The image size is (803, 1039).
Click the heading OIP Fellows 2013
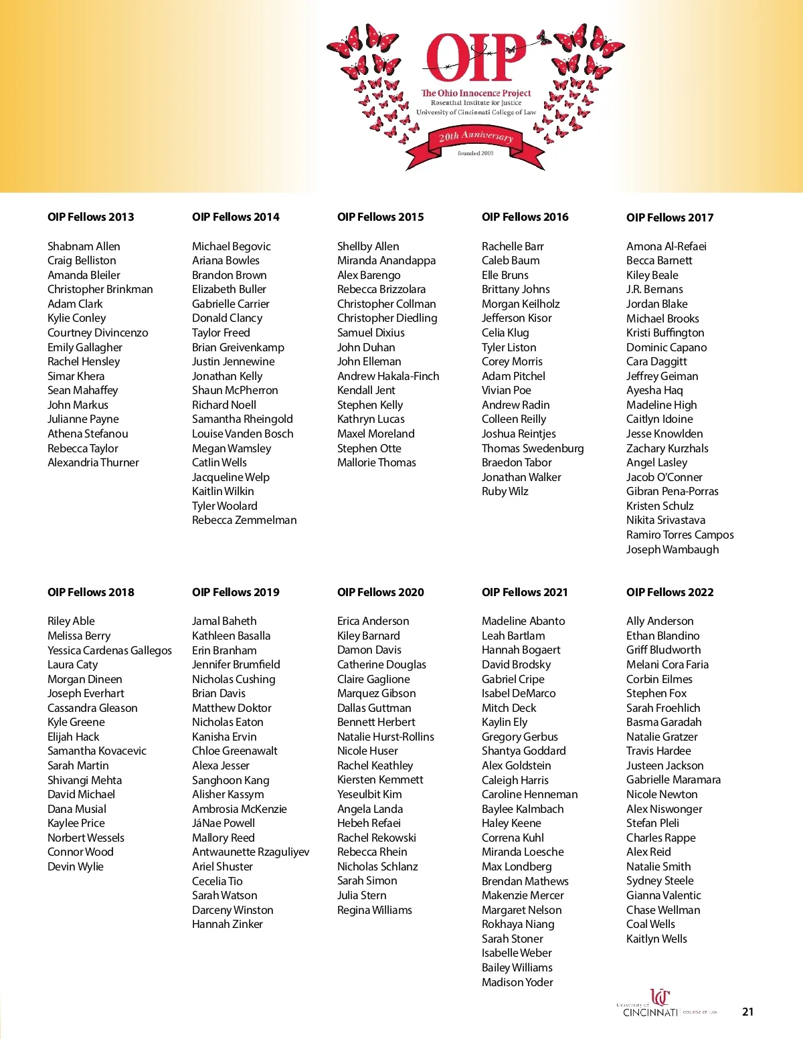point(90,217)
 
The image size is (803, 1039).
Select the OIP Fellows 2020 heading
point(380,592)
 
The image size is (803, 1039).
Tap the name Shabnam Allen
point(84,246)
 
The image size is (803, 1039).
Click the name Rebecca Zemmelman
point(244,520)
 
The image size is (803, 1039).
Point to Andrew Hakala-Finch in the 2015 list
point(388,376)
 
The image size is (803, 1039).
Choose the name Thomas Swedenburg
point(533,448)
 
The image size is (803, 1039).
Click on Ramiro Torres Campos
point(680,535)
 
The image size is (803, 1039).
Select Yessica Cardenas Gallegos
point(110,650)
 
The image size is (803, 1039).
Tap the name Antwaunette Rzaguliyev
point(250,852)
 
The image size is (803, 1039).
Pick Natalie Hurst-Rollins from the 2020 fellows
point(385,737)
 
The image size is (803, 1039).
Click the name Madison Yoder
point(517,982)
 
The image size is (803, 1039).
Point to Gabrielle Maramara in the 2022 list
point(673,779)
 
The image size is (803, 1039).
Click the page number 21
point(747,1012)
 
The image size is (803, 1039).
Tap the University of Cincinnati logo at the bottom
point(659,1004)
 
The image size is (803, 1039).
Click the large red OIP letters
point(476,58)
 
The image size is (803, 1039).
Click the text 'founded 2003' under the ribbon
point(475,153)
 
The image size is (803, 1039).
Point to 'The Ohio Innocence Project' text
point(476,93)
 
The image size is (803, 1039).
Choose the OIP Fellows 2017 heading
point(670,217)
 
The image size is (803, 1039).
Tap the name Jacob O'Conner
point(664,477)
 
